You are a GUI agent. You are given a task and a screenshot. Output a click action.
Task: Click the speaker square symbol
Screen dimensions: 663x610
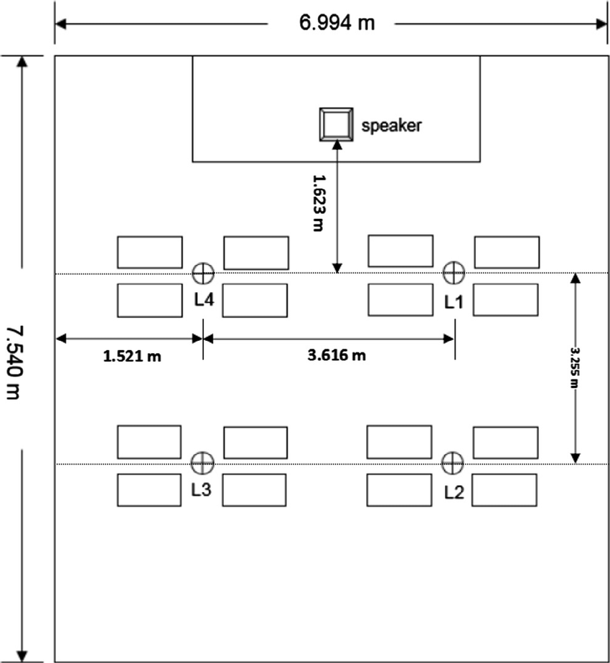(336, 124)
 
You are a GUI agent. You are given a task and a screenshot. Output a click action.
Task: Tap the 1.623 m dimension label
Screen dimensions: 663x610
(317, 202)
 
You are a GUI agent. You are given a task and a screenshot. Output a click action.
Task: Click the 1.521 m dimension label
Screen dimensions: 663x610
(132, 355)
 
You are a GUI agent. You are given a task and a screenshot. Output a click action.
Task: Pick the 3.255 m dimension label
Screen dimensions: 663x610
(575, 367)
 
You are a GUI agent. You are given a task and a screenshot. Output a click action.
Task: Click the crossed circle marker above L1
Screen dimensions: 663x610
(453, 273)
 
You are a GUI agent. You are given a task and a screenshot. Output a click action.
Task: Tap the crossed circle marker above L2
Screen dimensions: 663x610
(452, 464)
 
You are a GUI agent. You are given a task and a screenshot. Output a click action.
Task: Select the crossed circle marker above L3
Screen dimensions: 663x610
(203, 464)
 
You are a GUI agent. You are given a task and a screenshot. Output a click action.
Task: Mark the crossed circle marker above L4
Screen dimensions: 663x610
(203, 273)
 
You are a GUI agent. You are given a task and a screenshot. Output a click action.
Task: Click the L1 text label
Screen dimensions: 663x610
(454, 302)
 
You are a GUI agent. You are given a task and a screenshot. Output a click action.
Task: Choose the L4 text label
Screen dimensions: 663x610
(205, 301)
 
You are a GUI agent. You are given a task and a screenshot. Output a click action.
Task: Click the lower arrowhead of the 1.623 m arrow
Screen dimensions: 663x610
(337, 267)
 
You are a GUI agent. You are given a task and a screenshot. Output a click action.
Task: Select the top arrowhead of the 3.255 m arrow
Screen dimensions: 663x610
(575, 279)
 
